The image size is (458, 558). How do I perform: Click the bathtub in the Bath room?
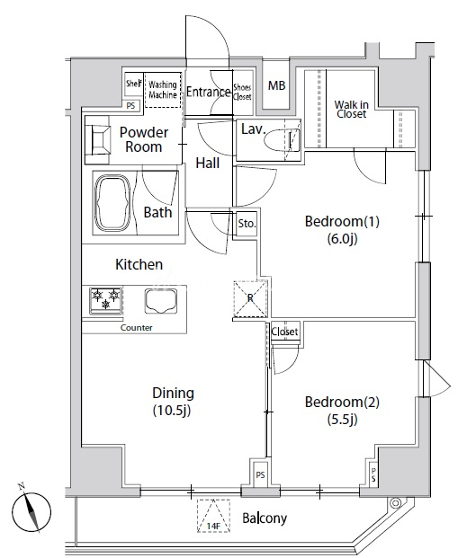point(112,203)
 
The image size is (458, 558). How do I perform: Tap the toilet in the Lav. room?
point(283,140)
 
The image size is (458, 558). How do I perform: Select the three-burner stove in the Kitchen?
point(105,301)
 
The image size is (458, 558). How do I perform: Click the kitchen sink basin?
point(161,301)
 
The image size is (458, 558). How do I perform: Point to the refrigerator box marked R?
point(250,298)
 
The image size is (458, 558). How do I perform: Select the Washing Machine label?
point(163,90)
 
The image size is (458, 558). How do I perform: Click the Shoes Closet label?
point(242,92)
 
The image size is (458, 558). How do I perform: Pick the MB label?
point(276,85)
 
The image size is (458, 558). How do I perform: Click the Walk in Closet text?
point(351,110)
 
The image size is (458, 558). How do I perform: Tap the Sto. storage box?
point(247,224)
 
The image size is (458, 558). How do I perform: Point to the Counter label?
point(136,327)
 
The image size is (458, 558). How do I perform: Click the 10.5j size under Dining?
point(172,411)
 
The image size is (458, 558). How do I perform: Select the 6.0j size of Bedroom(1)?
point(342,239)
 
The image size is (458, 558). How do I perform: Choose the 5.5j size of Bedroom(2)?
point(342,420)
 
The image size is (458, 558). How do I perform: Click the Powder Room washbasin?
point(99,140)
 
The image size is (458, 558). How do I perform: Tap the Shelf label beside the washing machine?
point(134,84)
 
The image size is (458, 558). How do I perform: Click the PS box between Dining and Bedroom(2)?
point(261,474)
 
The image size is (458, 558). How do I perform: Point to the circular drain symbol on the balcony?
point(395,503)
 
